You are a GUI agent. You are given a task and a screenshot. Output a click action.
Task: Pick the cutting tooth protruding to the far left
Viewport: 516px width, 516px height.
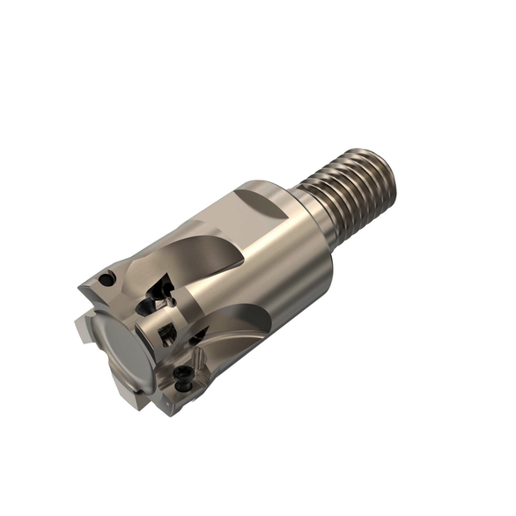click(85, 330)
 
